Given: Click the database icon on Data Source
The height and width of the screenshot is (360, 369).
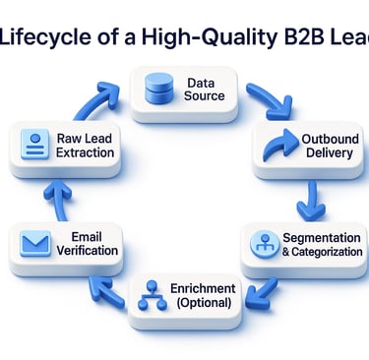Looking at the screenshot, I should point(155,88).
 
